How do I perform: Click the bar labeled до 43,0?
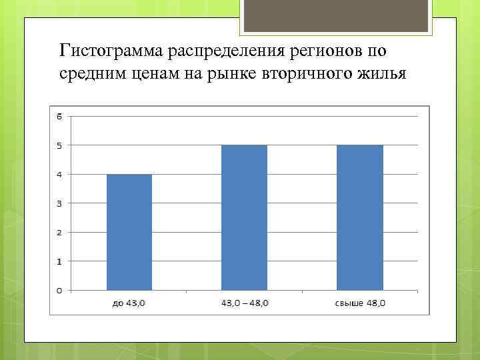129,232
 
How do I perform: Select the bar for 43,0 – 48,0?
244,217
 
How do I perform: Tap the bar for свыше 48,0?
360,217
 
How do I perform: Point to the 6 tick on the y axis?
59,117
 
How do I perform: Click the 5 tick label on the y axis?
59,145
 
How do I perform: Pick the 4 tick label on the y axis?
59,175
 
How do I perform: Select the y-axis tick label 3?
59,203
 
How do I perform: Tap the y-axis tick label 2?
59,232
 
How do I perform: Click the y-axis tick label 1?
59,261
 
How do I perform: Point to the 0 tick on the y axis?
59,290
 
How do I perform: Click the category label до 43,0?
129,303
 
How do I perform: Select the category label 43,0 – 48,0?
244,303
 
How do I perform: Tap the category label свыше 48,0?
360,303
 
